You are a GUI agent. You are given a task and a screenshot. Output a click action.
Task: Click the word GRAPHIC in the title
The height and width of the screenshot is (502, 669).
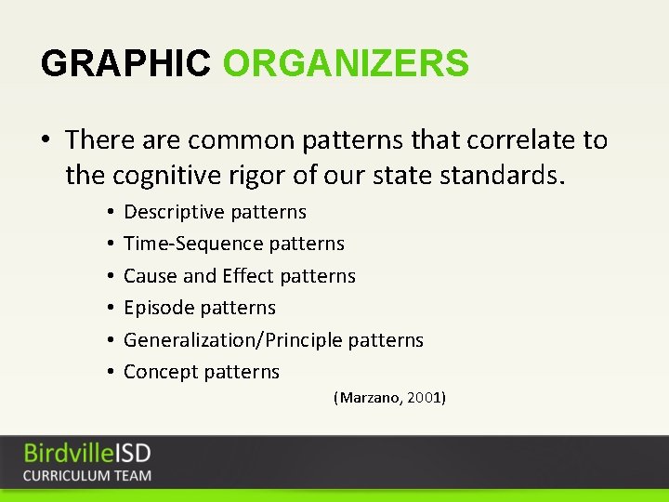125,63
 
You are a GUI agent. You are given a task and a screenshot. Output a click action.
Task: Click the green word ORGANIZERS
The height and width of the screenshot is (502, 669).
346,63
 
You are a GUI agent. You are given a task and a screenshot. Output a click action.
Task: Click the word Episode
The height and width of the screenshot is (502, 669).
159,308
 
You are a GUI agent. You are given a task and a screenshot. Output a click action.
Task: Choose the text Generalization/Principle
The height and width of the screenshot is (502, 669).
232,340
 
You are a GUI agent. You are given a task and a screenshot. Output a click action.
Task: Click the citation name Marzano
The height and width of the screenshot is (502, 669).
371,398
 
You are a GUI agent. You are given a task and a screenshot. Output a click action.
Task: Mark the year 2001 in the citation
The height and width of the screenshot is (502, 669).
426,398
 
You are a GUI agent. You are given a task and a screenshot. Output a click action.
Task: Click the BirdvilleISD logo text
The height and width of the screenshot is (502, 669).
87,454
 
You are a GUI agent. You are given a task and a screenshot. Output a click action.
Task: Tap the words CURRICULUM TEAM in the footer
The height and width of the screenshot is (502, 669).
87,475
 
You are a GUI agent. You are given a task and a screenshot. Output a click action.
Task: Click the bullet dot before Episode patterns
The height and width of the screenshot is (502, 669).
110,308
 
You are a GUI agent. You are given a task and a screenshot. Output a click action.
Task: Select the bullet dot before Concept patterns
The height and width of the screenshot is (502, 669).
110,372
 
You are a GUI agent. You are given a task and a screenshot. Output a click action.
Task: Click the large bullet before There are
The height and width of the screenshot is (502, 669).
46,141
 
